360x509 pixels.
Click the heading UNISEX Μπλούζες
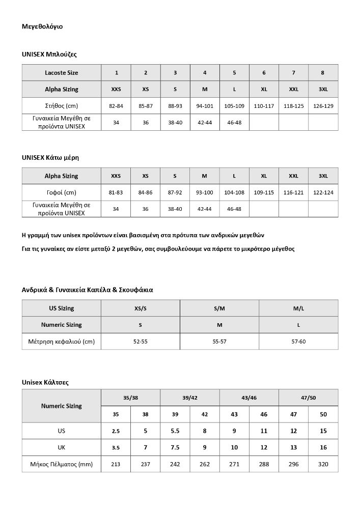[x=49, y=53]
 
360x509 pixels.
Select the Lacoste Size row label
[x=62, y=73]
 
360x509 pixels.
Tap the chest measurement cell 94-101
[x=205, y=106]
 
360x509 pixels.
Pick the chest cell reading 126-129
[x=323, y=106]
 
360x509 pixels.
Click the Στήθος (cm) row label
[x=62, y=106]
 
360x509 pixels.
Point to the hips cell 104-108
[x=234, y=192]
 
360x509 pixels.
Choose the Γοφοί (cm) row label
[x=62, y=192]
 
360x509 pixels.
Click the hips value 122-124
[x=323, y=192]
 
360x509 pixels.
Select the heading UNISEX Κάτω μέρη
[x=50, y=158]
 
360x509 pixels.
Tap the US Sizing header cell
[x=62, y=308]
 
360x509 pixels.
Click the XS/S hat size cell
[x=141, y=308]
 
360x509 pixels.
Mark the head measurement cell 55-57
[x=219, y=341]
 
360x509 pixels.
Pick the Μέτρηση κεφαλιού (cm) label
[x=62, y=341]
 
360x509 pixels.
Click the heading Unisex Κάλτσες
[x=45, y=381]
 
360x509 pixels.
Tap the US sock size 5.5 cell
[x=175, y=431]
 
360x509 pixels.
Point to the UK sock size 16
[x=323, y=447]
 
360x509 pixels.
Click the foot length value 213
[x=116, y=464]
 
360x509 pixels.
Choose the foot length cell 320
[x=323, y=464]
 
